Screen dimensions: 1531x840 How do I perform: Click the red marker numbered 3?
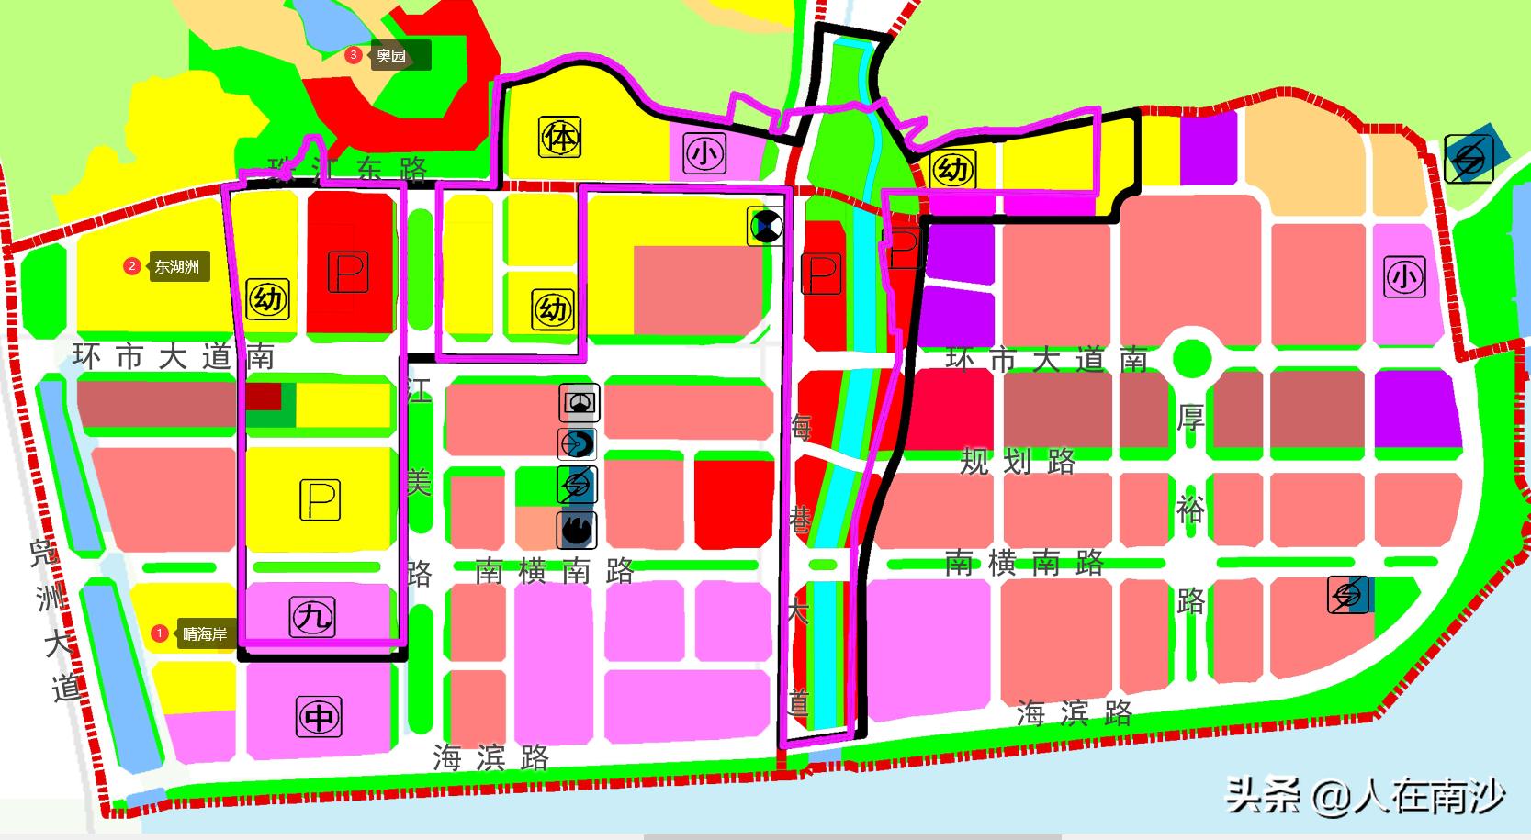point(353,55)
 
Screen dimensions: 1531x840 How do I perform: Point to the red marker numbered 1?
point(159,633)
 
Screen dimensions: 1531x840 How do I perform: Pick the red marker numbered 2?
point(132,267)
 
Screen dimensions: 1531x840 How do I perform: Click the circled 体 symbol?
point(560,138)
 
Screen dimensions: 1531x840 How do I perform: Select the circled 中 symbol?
point(319,716)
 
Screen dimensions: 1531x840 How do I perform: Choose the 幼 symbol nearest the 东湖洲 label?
point(268,299)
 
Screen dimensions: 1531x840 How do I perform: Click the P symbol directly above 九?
point(320,500)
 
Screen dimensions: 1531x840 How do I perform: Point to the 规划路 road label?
point(1018,462)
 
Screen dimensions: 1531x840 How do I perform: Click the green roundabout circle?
point(1191,356)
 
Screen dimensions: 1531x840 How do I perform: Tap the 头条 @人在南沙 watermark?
point(1366,795)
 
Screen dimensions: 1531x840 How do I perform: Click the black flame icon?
point(578,530)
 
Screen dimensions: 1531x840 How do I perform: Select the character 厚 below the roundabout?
point(1191,418)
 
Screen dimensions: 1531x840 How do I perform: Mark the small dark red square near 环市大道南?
point(263,397)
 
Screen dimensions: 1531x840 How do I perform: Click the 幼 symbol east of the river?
point(952,170)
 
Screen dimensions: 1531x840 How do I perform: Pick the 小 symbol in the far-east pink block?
point(1404,277)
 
